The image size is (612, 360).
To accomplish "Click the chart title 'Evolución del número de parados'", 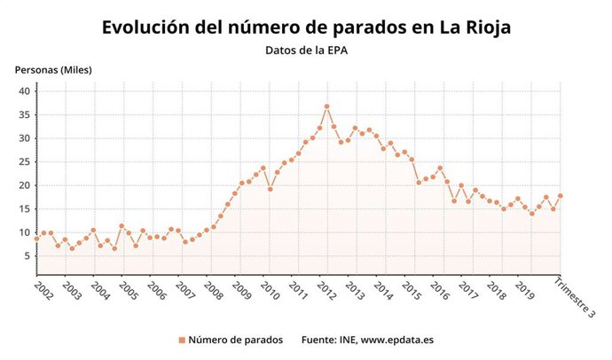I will [x=306, y=27].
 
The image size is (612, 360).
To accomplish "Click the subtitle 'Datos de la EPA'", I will [x=306, y=51].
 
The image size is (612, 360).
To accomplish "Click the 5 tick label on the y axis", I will [x=27, y=256].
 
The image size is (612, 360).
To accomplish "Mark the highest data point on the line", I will [x=327, y=106].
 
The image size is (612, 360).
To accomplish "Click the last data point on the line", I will [x=561, y=196].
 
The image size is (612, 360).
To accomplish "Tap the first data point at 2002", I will [x=36, y=239].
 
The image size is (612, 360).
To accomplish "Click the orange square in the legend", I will [x=182, y=340].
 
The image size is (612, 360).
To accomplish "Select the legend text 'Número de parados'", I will [x=235, y=340].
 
